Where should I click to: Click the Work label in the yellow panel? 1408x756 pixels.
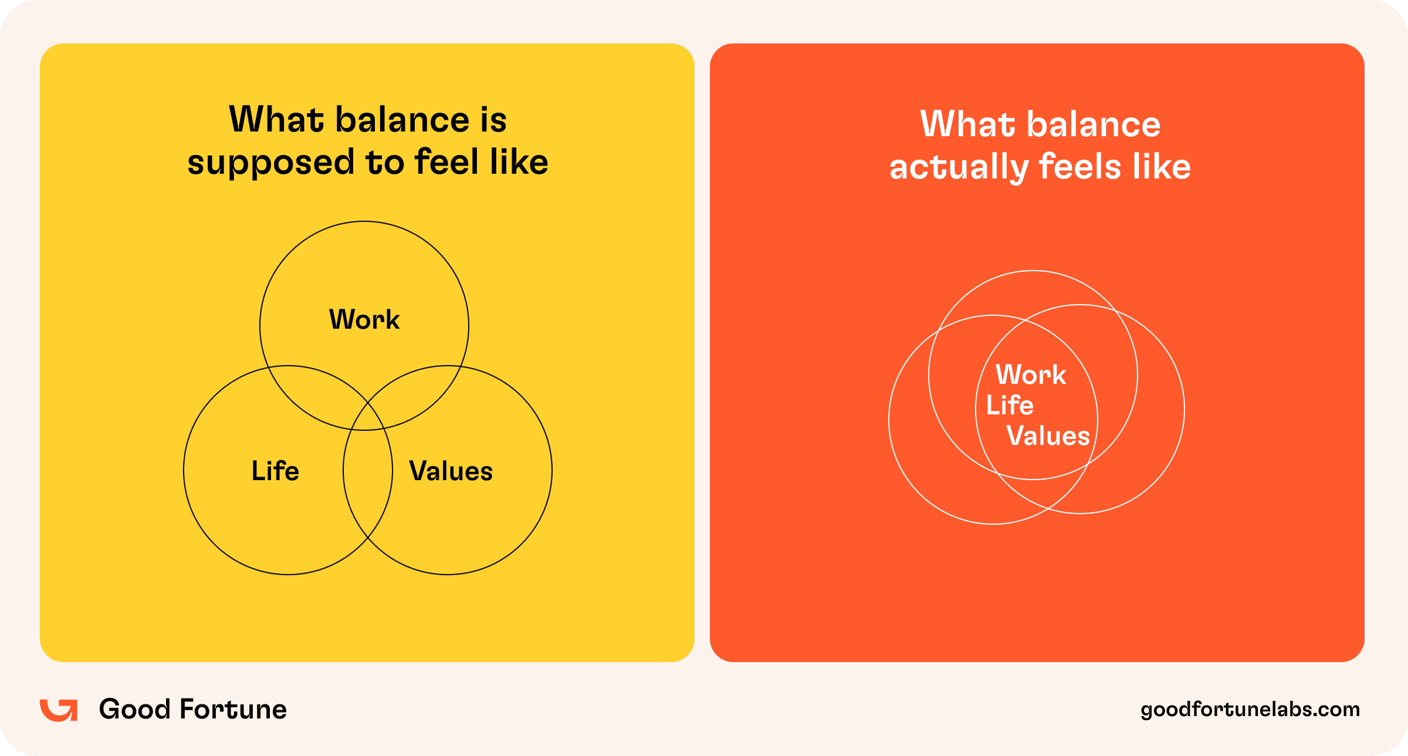[x=364, y=320]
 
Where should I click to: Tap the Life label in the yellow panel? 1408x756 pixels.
[x=275, y=471]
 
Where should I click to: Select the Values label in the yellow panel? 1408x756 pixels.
[x=451, y=471]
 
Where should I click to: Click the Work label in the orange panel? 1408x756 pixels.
[x=1031, y=374]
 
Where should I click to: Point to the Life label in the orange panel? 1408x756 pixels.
[x=1010, y=405]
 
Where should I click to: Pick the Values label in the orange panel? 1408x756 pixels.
[x=1048, y=436]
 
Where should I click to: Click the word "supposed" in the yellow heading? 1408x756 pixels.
[x=271, y=163]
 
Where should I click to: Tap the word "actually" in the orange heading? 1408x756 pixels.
[x=959, y=168]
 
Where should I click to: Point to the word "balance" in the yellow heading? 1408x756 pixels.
[x=402, y=120]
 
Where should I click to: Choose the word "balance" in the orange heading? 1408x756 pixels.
[x=1093, y=124]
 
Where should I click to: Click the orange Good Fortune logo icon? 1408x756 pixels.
[x=59, y=710]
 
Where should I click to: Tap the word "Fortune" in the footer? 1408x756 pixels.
[x=233, y=709]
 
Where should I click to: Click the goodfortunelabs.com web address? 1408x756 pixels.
[x=1250, y=710]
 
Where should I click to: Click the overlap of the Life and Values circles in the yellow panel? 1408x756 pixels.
[x=368, y=470]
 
